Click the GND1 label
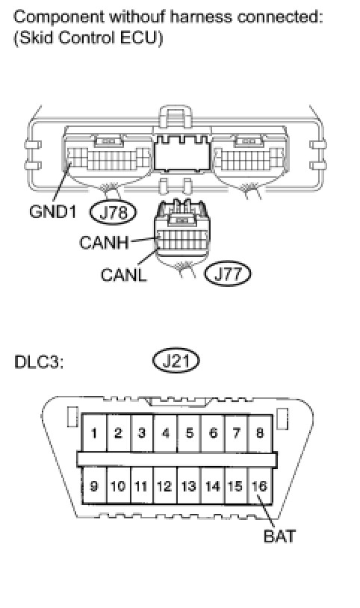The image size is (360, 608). [52, 211]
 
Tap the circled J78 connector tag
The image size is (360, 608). [114, 212]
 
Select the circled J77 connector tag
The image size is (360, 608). [228, 274]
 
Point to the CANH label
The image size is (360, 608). [104, 243]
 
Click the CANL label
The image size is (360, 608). [124, 275]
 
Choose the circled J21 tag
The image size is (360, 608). [176, 361]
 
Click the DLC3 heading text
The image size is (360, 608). [38, 362]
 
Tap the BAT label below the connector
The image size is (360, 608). [279, 536]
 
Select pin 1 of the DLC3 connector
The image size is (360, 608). [94, 432]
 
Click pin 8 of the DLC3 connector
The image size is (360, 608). [260, 432]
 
